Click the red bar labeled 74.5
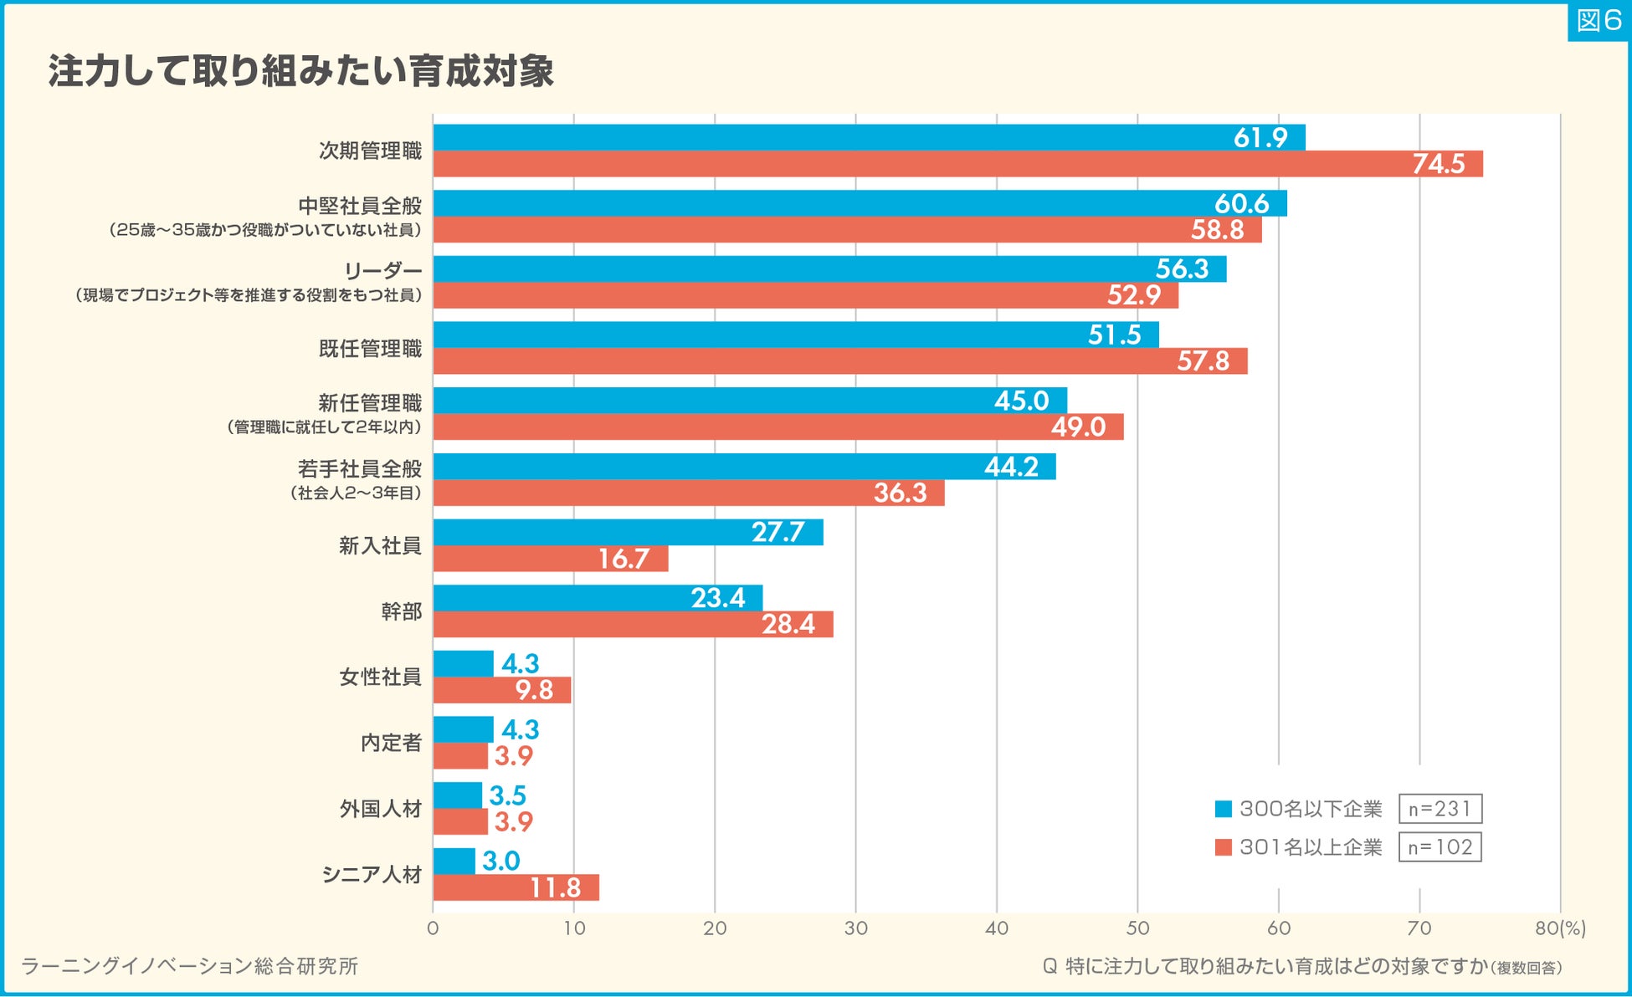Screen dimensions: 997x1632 pos(957,164)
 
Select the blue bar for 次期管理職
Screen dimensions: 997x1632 pos(869,137)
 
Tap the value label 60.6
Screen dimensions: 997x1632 pos(1241,203)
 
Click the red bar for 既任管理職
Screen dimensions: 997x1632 pos(839,361)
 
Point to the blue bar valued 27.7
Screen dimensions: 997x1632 pos(628,532)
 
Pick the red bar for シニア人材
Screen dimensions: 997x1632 pos(516,887)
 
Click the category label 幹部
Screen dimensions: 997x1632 pos(401,611)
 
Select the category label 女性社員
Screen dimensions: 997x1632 pos(380,677)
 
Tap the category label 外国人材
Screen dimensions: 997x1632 pos(380,809)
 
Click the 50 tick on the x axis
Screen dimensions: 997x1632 pos(1137,928)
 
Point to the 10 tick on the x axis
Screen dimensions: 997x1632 pos(574,928)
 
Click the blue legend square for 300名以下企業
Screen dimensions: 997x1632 pos(1223,809)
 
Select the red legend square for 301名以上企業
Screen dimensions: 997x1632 pos(1223,847)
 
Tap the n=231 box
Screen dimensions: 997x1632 pos(1440,809)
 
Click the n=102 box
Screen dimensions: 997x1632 pos(1440,847)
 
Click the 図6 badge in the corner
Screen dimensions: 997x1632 pos(1598,20)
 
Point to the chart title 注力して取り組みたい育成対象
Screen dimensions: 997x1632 pos(301,71)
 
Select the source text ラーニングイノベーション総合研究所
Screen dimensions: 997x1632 pos(190,966)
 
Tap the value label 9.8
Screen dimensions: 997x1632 pos(534,690)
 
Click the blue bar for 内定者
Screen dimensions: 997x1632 pos(463,729)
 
